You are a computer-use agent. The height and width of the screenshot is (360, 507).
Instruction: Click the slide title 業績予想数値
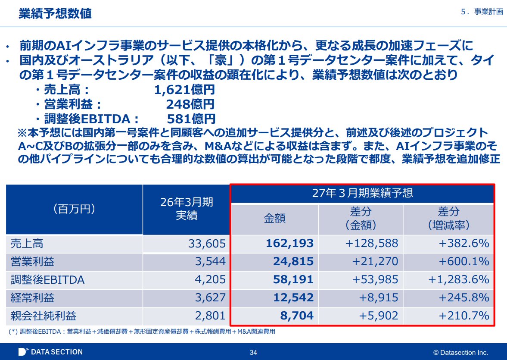(x=55, y=13)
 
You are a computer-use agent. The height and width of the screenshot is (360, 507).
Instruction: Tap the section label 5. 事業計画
(x=482, y=12)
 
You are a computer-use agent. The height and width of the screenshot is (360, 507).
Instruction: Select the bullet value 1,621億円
(x=184, y=89)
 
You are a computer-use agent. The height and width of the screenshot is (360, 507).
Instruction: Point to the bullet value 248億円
(x=190, y=104)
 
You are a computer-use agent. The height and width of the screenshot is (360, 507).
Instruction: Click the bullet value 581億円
(x=191, y=119)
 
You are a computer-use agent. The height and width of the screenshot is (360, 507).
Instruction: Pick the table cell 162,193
(x=290, y=243)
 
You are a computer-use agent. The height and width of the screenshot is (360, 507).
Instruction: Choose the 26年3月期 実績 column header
(x=187, y=209)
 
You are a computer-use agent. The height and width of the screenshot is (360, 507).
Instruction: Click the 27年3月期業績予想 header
(x=362, y=193)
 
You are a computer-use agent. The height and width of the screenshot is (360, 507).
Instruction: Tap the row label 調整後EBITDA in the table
(x=47, y=280)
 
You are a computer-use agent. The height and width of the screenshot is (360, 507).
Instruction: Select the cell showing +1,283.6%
(x=458, y=279)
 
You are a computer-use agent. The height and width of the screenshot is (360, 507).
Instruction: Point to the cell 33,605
(x=207, y=244)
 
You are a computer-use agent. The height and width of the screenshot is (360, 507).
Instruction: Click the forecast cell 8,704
(x=297, y=316)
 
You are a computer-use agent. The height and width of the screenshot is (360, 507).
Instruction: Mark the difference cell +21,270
(x=375, y=261)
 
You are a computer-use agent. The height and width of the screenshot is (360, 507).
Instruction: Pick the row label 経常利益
(x=32, y=297)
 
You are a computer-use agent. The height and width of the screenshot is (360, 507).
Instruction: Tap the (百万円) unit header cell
(x=75, y=209)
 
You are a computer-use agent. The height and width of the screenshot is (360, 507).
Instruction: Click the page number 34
(x=253, y=353)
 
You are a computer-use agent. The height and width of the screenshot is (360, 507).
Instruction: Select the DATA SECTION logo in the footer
(x=50, y=352)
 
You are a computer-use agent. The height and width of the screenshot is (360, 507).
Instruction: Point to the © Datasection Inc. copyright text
(x=460, y=353)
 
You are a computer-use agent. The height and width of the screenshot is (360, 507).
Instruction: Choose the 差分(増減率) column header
(x=448, y=218)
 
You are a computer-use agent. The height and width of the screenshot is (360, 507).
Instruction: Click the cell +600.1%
(x=464, y=261)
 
